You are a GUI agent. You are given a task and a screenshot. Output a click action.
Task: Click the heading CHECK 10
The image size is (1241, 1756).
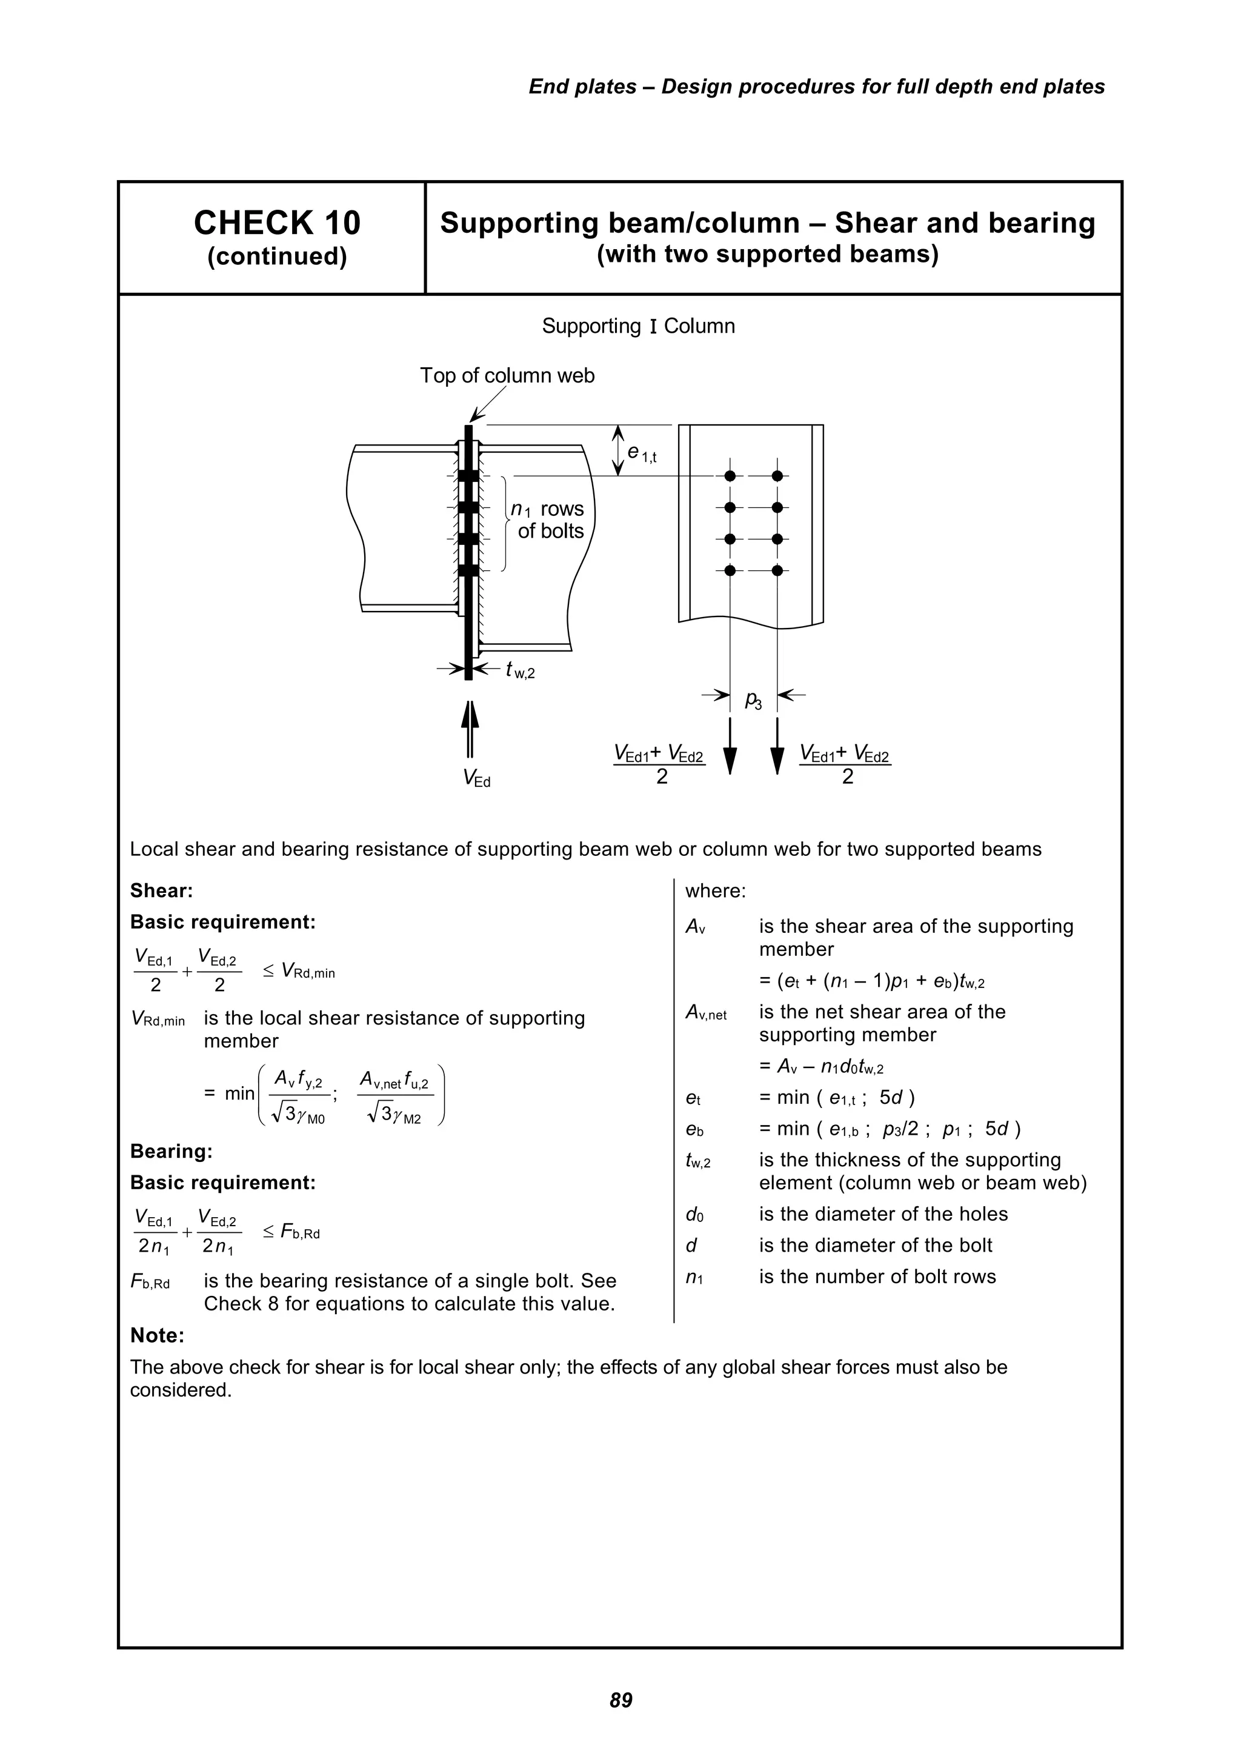(x=277, y=223)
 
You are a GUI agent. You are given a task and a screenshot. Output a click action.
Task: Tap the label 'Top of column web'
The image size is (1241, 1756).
(x=507, y=376)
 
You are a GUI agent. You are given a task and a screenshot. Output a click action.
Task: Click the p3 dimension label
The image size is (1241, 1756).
(x=753, y=700)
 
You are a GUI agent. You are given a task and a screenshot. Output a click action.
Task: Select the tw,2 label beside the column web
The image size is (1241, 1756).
(x=520, y=671)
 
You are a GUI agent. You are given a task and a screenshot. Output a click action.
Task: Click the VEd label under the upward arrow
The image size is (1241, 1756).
(x=476, y=778)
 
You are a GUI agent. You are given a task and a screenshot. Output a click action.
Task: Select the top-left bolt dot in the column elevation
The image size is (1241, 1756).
(x=730, y=476)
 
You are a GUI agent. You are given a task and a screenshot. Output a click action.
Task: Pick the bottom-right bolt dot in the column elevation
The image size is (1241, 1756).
(x=777, y=570)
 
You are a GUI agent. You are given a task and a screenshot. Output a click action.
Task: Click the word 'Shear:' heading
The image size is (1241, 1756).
(x=161, y=891)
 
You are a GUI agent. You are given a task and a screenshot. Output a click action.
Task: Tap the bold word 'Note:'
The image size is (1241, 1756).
(x=158, y=1335)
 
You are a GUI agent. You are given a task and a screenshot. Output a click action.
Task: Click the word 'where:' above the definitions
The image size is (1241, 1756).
(x=715, y=891)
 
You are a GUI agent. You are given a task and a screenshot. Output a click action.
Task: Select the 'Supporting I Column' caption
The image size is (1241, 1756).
(x=637, y=327)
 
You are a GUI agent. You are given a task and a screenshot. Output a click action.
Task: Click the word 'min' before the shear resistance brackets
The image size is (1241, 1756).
(x=239, y=1093)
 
